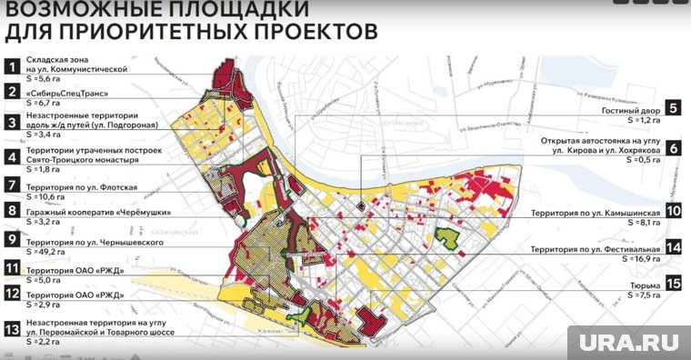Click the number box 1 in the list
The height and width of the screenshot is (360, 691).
(x=12, y=66)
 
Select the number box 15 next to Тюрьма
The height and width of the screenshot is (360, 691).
(x=673, y=284)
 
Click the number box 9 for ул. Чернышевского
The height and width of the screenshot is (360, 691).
(x=12, y=241)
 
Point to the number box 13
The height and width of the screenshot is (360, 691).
(x=12, y=330)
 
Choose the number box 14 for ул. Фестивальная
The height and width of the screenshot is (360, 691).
(x=673, y=246)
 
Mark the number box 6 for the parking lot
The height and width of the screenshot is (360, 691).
(x=673, y=147)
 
